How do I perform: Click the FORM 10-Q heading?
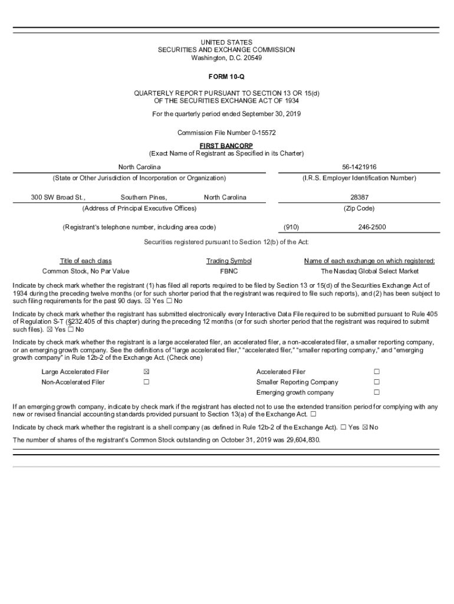coord(226,77)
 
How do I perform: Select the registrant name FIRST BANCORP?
coord(226,146)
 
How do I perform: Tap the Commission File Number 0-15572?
coord(226,133)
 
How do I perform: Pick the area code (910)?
coord(291,226)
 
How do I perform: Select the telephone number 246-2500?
coord(372,226)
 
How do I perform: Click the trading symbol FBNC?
coord(229,271)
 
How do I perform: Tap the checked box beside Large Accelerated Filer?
coord(146,372)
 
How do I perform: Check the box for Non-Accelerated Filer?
coord(146,382)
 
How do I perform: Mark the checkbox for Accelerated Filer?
coord(377,372)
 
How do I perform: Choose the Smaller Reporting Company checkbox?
coord(377,382)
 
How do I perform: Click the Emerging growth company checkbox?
coord(377,393)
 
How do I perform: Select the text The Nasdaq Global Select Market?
coord(370,271)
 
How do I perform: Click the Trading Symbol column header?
coord(229,261)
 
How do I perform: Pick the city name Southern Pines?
coord(144,197)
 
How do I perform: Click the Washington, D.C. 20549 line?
coord(226,58)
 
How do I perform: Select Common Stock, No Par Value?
coord(85,271)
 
